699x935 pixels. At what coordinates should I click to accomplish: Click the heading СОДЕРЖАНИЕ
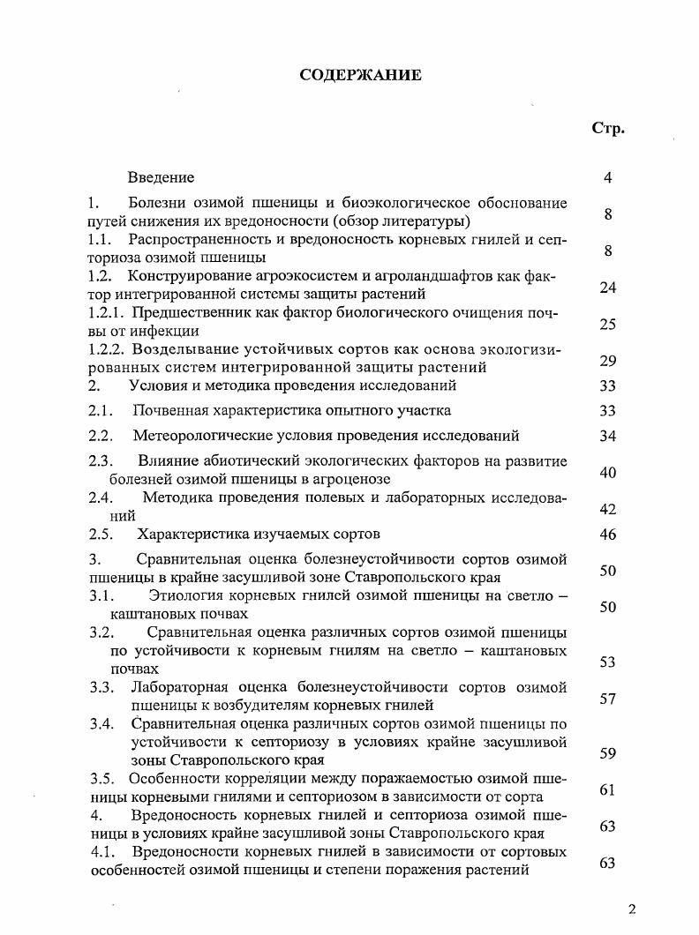[360, 75]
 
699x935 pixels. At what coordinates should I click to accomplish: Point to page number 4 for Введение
[608, 178]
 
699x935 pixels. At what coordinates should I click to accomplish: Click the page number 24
[607, 288]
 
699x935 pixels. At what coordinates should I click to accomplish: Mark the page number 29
[607, 361]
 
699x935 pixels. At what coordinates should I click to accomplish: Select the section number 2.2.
[101, 436]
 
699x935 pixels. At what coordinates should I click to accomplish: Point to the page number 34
[607, 436]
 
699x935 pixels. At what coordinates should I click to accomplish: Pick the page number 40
[607, 473]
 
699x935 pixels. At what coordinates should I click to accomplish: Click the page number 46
[607, 534]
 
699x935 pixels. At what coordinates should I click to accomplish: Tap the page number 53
[607, 662]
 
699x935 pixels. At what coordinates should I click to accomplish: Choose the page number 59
[607, 753]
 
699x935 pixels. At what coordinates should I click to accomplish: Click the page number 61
[607, 790]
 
